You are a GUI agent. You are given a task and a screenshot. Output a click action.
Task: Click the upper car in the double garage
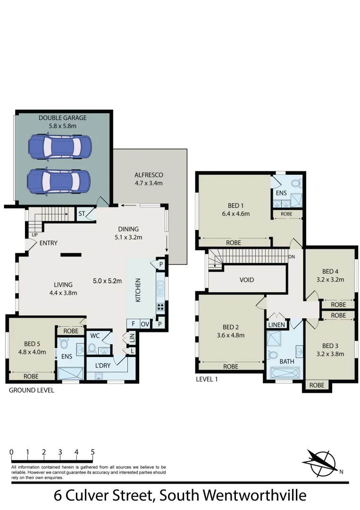point(59,146)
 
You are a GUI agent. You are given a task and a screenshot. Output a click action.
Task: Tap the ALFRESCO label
point(149,175)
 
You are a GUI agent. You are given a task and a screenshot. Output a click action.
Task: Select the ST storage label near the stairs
point(82,214)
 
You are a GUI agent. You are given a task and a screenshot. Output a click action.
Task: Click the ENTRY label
point(49,243)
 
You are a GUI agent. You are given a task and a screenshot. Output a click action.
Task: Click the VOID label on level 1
point(247,280)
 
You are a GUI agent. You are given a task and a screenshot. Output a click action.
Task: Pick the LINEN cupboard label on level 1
point(276,325)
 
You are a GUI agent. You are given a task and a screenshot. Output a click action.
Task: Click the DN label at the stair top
point(292,257)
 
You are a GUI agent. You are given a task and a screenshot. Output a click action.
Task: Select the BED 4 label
point(330,271)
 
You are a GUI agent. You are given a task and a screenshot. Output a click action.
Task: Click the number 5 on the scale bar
point(92,452)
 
